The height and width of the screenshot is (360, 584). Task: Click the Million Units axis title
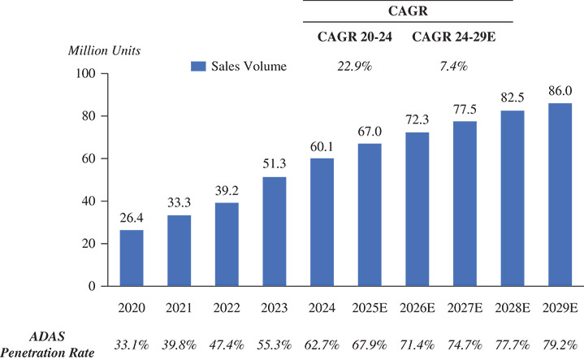pos(104,50)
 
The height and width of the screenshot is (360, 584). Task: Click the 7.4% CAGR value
pos(452,66)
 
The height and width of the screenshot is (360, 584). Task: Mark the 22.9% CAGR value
pos(354,66)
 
